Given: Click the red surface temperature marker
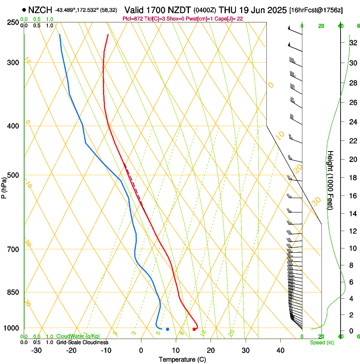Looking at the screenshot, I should pos(194,329).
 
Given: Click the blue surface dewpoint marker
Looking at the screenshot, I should pos(168,329).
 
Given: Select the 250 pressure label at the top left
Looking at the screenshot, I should pos(12,22).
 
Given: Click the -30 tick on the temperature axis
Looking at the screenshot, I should pos(36,350).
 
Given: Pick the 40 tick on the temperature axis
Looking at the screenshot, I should pos(280,350).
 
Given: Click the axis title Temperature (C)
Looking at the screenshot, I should pos(182,359).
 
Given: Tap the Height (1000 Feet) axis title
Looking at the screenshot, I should pos(331,180).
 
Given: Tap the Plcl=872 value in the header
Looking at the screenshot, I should pos(131,19).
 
